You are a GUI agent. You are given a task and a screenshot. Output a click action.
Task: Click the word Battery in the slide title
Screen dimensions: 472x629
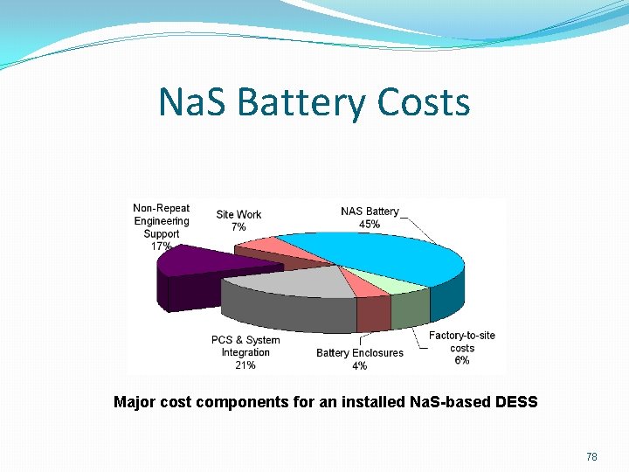coord(301,103)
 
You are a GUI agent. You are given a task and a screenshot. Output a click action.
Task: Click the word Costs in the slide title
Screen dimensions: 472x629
coord(424,103)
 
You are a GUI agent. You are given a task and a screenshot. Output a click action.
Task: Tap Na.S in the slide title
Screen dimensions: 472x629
coord(192,103)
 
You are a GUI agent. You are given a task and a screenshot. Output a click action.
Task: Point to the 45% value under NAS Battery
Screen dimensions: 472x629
coord(370,225)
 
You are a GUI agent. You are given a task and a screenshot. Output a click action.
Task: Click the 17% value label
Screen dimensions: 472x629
coord(162,246)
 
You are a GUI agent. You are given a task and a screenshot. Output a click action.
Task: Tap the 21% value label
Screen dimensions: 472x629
coord(245,365)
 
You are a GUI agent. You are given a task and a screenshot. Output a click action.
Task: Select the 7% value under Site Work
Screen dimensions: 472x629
coord(238,227)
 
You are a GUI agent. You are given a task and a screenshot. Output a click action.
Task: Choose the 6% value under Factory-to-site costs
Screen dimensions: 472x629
coord(461,360)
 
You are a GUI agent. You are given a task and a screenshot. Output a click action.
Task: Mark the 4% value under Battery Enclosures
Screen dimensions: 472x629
coord(360,365)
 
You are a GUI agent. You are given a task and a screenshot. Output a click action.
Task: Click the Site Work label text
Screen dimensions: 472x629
coord(238,215)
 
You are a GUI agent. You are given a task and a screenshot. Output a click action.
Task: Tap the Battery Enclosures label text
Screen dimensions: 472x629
coord(360,353)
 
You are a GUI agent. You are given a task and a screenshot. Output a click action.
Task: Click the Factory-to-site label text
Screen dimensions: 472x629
coord(461,336)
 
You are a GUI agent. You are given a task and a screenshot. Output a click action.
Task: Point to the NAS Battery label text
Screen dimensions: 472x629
coord(370,212)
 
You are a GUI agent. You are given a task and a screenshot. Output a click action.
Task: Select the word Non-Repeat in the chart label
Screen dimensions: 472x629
coord(162,208)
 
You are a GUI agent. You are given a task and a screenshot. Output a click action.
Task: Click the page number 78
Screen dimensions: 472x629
coord(592,456)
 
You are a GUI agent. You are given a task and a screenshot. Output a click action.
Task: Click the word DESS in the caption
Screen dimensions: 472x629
coord(515,403)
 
